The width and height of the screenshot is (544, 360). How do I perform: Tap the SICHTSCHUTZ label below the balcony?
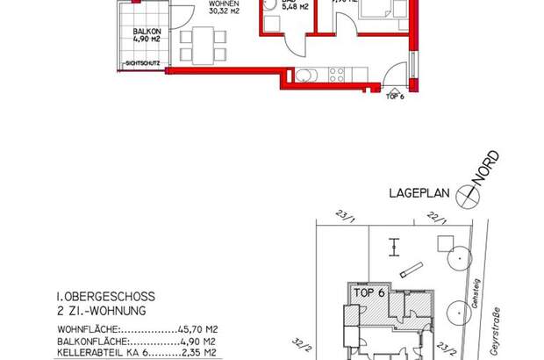coord(144,64)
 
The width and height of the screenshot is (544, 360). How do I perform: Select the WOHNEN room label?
coord(221,4)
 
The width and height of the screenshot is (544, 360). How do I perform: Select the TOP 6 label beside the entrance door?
coord(394,97)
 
